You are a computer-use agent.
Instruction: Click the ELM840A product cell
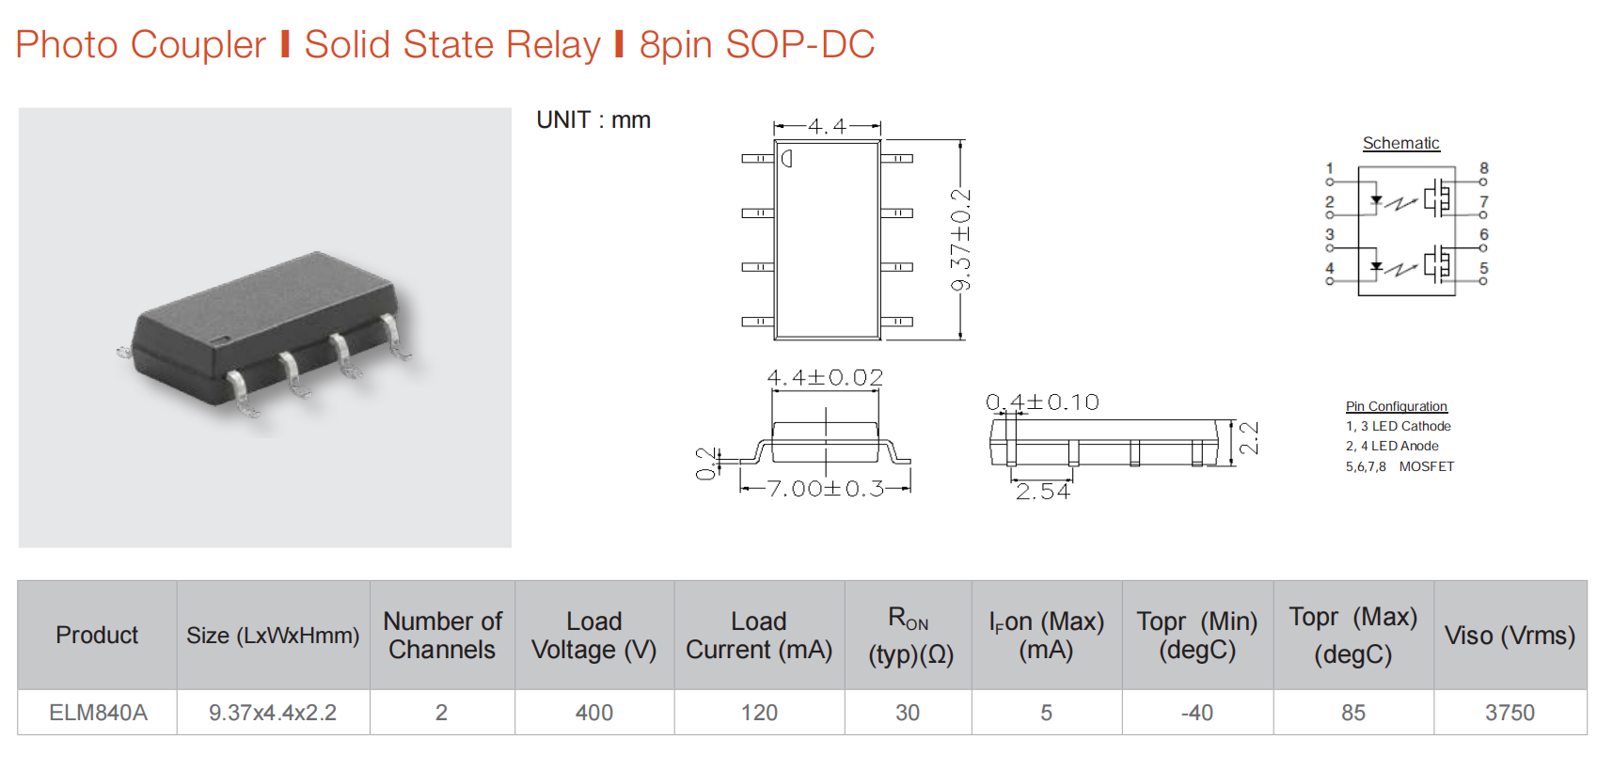pyautogui.click(x=98, y=713)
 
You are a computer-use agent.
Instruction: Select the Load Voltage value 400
pyautogui.click(x=593, y=713)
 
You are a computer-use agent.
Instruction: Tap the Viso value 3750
pyautogui.click(x=1510, y=713)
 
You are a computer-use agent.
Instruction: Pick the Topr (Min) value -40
pyautogui.click(x=1196, y=713)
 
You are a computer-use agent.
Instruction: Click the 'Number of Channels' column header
pyautogui.click(x=442, y=635)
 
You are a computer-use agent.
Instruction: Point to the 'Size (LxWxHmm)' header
pyautogui.click(x=273, y=635)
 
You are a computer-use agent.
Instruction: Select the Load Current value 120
pyautogui.click(x=759, y=713)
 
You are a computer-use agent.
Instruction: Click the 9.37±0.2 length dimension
pyautogui.click(x=961, y=240)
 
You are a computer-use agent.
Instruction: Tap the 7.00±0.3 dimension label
pyautogui.click(x=825, y=489)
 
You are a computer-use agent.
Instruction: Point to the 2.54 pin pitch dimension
pyautogui.click(x=1042, y=492)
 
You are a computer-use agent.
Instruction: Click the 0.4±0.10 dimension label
pyautogui.click(x=1041, y=401)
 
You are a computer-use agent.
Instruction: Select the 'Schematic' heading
pyautogui.click(x=1401, y=143)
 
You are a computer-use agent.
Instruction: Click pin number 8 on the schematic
pyautogui.click(x=1483, y=168)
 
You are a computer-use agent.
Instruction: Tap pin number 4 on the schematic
pyautogui.click(x=1330, y=268)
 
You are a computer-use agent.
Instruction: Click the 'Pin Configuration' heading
pyautogui.click(x=1396, y=406)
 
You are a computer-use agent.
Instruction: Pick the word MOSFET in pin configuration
pyautogui.click(x=1426, y=466)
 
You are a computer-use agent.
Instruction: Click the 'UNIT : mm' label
pyautogui.click(x=593, y=119)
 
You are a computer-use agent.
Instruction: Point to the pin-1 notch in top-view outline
pyautogui.click(x=786, y=158)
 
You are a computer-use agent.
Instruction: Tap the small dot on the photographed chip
pyautogui.click(x=221, y=338)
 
